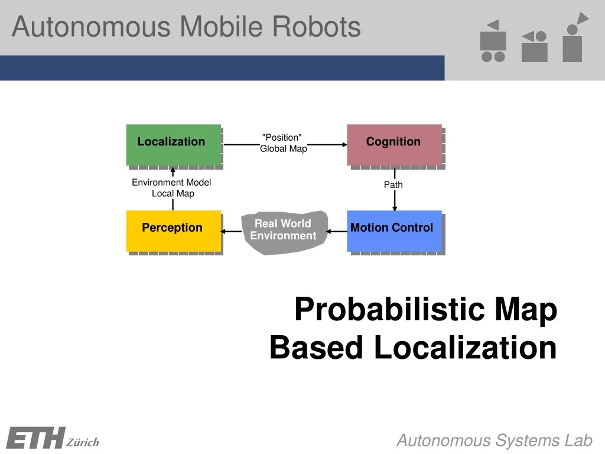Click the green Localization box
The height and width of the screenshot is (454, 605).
(x=173, y=144)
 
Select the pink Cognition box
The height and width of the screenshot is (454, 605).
(x=394, y=144)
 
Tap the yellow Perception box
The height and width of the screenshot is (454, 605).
(x=173, y=231)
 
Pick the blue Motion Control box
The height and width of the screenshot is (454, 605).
(x=394, y=231)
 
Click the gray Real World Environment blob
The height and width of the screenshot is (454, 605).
(x=284, y=231)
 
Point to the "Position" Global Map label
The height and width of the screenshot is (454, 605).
(x=283, y=143)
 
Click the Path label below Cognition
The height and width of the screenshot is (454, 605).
(x=393, y=185)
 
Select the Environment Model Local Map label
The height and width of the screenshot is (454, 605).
(x=171, y=188)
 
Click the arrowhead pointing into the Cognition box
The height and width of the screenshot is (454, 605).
(x=344, y=144)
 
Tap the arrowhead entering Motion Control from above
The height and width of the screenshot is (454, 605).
(x=395, y=207)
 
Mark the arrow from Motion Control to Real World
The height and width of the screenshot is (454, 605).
(x=337, y=231)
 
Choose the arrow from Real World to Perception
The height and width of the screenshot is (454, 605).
(x=232, y=231)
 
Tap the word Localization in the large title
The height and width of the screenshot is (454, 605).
(x=466, y=348)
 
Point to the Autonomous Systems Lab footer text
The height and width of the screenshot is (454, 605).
(x=494, y=440)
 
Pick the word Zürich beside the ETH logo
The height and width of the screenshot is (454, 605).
(x=83, y=442)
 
